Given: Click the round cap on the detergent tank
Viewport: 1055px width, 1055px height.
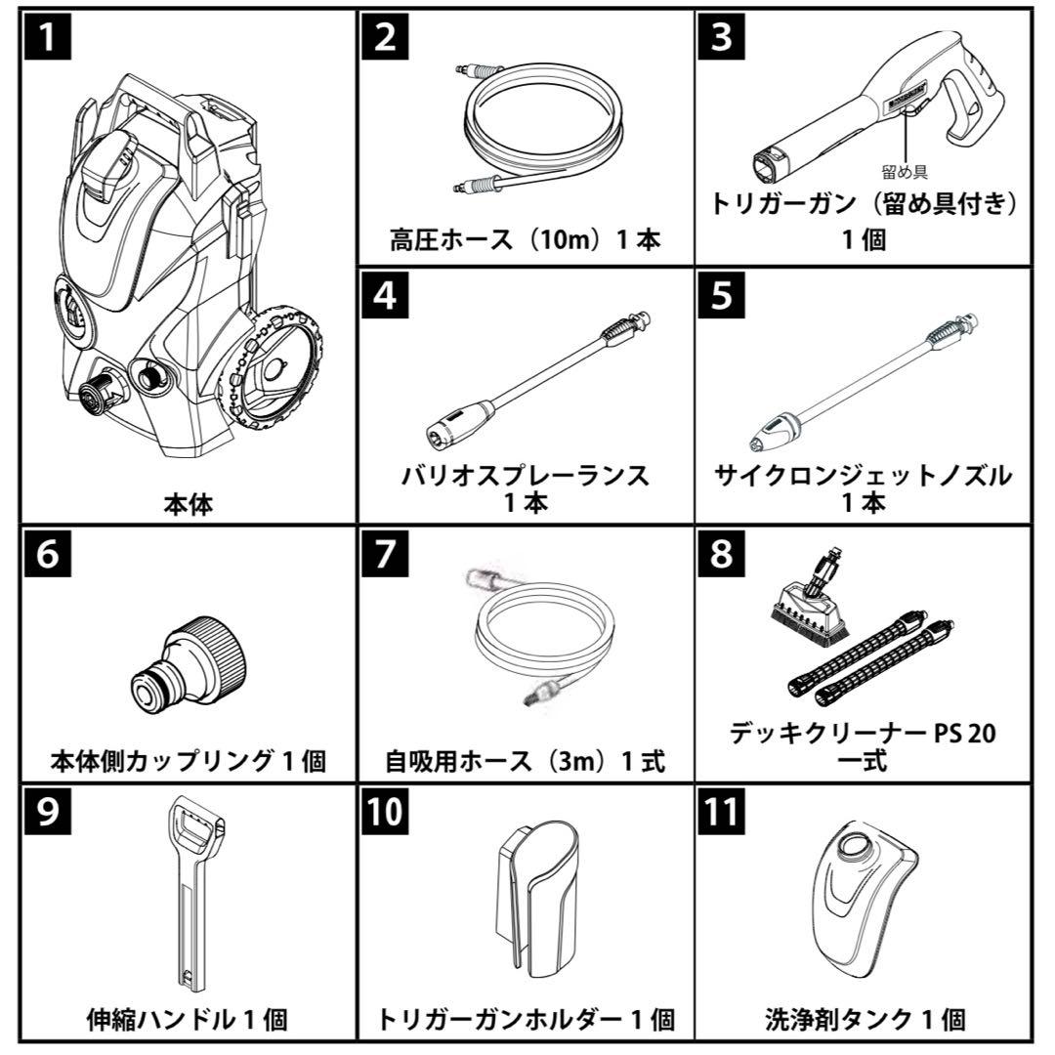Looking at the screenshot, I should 858,848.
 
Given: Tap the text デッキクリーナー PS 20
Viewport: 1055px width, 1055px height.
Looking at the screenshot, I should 863,732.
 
